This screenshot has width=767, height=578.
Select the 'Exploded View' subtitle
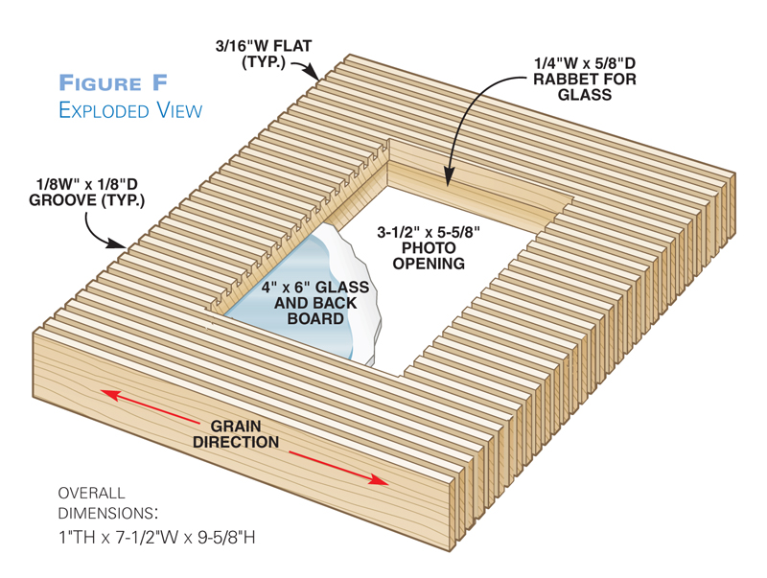[130, 110]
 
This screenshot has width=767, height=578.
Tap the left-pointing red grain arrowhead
[106, 393]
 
